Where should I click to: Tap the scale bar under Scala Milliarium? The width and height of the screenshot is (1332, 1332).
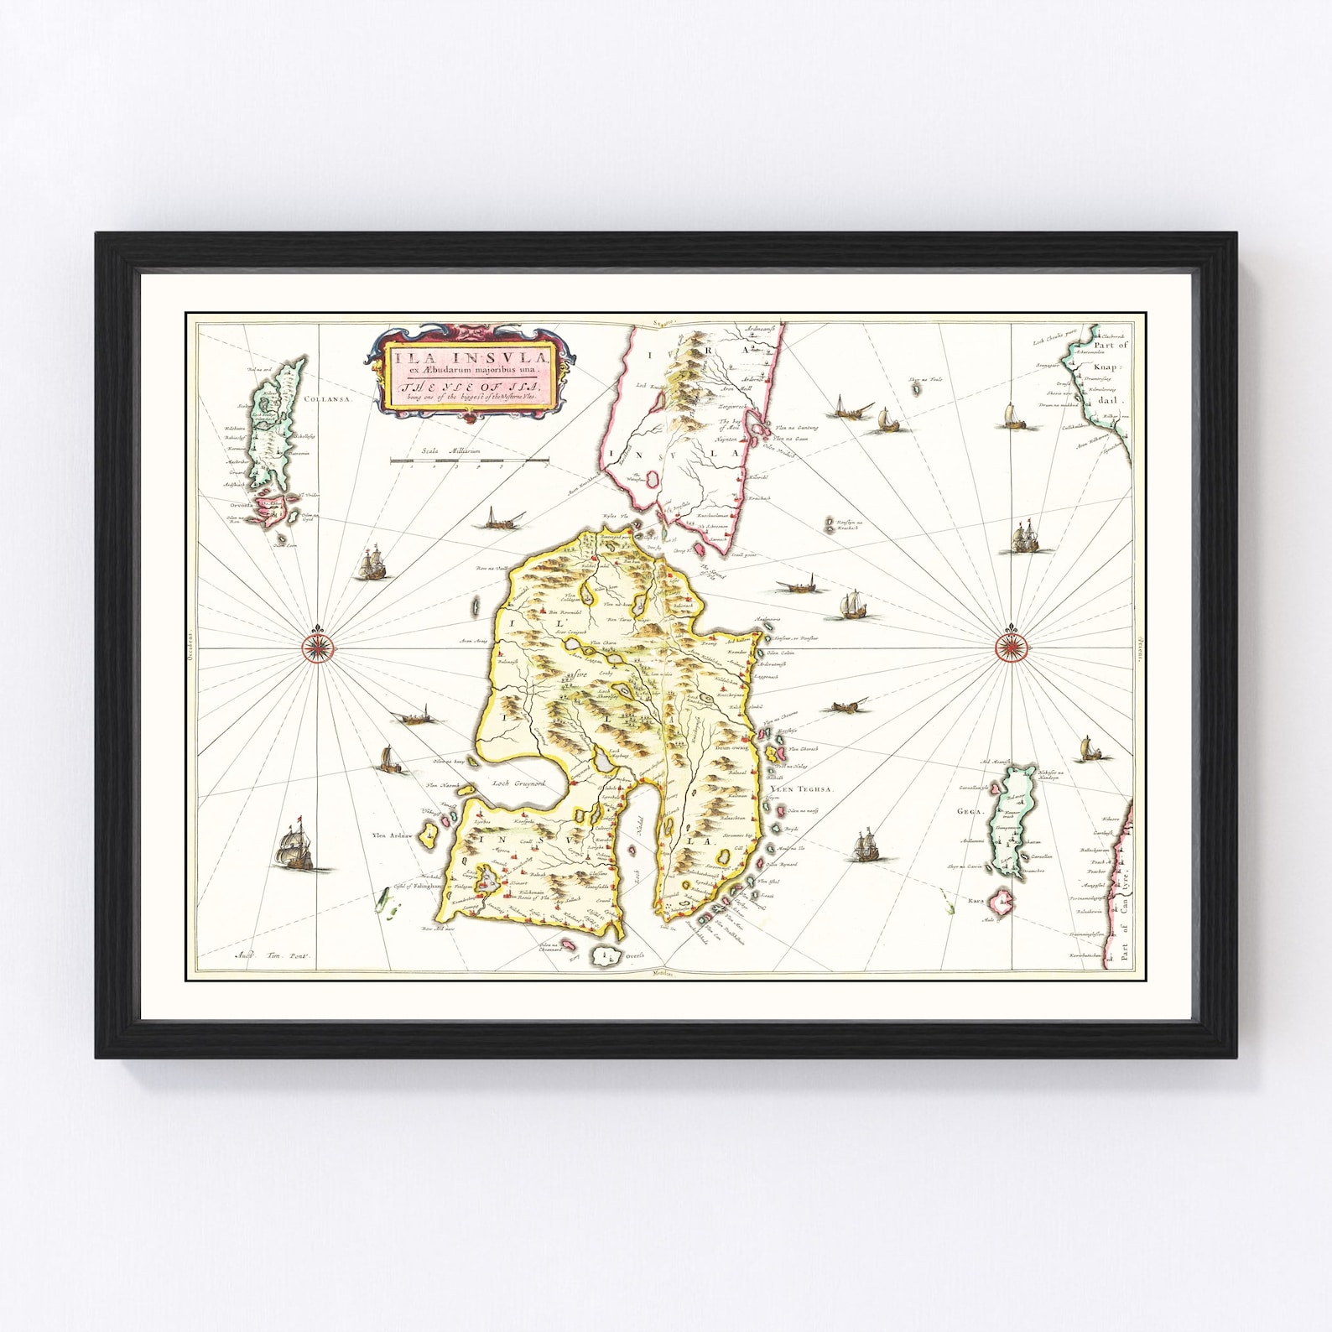click(x=469, y=460)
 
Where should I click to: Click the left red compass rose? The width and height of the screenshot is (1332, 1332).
click(x=318, y=646)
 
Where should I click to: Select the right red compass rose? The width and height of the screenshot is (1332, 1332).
click(x=1011, y=646)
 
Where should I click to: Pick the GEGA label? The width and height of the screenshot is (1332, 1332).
click(x=969, y=811)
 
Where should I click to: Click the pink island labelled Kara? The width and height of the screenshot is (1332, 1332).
click(x=1001, y=903)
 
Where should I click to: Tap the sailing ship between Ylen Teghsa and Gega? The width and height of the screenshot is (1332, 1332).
click(x=864, y=845)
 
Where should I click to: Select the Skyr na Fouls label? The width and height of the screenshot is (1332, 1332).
click(x=924, y=380)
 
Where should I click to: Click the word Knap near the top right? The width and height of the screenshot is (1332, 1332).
click(x=1106, y=367)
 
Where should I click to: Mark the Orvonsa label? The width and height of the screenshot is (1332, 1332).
click(x=240, y=506)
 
